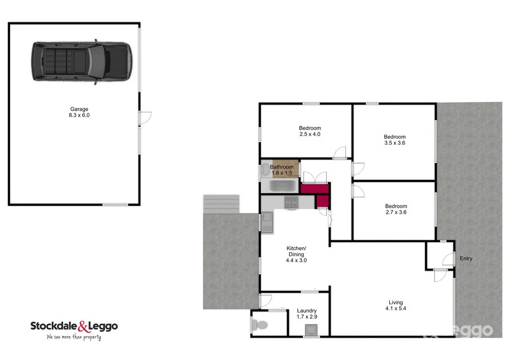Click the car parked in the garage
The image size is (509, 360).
tap(82, 62)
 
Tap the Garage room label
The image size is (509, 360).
tap(79, 109)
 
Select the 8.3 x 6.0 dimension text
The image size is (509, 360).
tap(79, 115)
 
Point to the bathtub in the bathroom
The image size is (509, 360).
tap(282, 187)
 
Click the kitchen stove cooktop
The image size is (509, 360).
tap(291, 202)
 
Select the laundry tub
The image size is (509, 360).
tap(312, 330)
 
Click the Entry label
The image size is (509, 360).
tap(466, 259)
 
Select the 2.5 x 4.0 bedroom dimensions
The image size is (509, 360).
tap(310, 134)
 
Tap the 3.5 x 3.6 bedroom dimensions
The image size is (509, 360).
tap(395, 143)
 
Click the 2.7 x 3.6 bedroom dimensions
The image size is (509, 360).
tap(396, 212)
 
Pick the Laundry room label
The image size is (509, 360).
tap(306, 311)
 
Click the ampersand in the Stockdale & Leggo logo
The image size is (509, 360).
tap(83, 327)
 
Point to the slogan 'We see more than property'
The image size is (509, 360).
tap(74, 337)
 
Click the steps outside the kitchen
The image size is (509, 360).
tap(222, 203)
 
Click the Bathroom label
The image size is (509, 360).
tap(282, 167)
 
